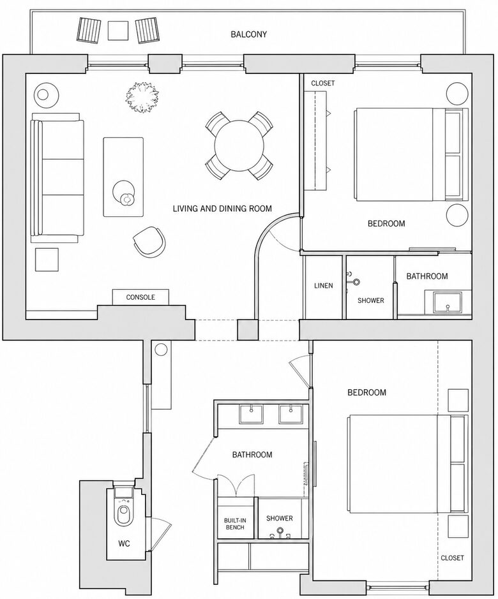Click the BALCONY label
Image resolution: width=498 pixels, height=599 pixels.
tap(248, 34)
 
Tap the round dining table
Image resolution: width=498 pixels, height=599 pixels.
tap(239, 145)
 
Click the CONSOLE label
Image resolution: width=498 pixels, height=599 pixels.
tap(140, 297)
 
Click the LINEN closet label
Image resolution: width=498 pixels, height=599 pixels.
tap(323, 286)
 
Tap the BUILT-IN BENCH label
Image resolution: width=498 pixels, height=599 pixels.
tap(235, 524)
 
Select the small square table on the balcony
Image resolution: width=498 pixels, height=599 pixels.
tap(118, 30)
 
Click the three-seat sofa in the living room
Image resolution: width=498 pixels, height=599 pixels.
tap(57, 177)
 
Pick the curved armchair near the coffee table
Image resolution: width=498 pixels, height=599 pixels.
tap(149, 241)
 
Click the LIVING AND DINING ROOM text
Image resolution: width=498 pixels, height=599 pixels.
tap(222, 209)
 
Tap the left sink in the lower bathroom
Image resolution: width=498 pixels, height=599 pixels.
tap(252, 415)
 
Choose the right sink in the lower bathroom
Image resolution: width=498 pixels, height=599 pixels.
tap(291, 415)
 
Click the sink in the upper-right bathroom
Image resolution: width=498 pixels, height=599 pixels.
tap(448, 302)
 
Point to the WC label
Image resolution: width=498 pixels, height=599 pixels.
tap(124, 544)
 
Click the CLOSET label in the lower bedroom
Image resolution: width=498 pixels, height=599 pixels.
tap(452, 558)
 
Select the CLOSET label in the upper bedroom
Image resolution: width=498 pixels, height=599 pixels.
tap(323, 84)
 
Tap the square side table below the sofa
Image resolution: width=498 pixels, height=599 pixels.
tap(47, 260)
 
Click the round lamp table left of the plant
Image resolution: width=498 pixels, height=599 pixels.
tap(46, 94)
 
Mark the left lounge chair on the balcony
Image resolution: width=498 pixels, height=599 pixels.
tap(89, 30)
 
